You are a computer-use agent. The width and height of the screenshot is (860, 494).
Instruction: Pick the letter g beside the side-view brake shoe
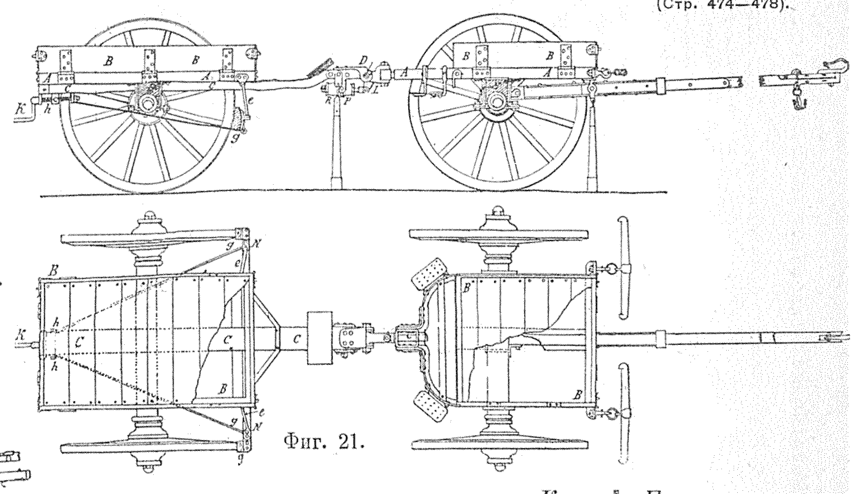[x=235, y=139]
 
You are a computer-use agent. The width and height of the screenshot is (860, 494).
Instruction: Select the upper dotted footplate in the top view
[x=428, y=273]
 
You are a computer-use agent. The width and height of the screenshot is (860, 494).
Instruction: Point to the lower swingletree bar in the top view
[x=622, y=413]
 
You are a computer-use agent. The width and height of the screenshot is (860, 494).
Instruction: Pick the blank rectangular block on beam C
[x=320, y=338]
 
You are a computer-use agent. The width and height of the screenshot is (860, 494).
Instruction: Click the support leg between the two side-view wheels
[x=336, y=143]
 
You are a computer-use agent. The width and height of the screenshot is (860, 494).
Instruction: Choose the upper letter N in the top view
[x=256, y=244]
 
